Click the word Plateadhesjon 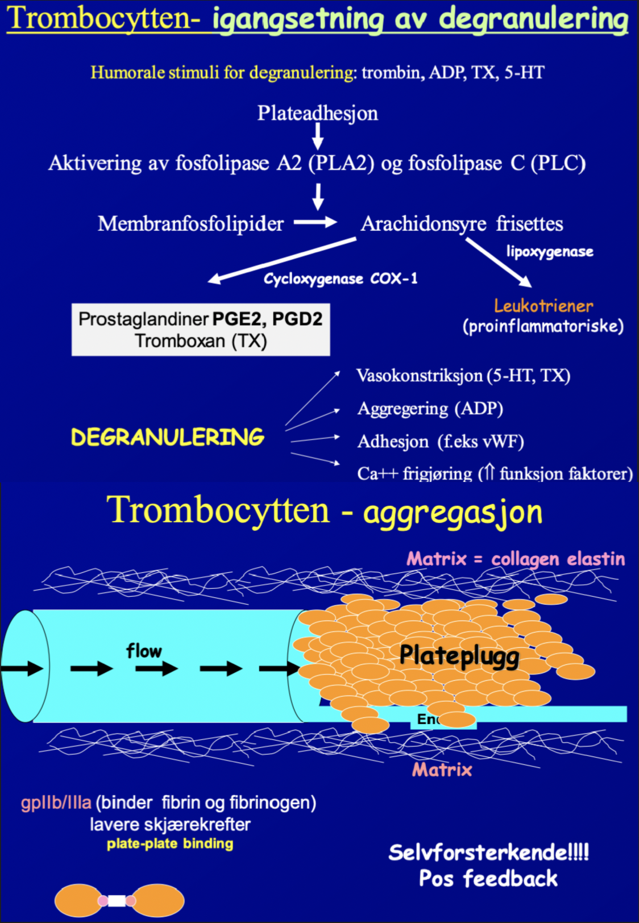coord(317,113)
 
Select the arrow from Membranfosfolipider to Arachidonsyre coord(316,222)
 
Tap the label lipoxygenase coord(550,251)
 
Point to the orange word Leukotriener coord(543,306)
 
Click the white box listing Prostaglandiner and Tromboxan coord(201,330)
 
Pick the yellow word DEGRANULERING coord(168,437)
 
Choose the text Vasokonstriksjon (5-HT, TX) coord(463,376)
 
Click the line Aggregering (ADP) coord(430,409)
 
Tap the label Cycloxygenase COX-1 coord(341,278)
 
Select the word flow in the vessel coord(144,651)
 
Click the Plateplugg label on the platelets coord(459,655)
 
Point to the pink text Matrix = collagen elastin coord(516,559)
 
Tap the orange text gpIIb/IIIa coord(56,803)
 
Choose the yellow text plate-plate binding coord(170,843)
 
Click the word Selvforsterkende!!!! coord(488,852)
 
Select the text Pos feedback coord(488,879)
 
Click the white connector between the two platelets coord(117,900)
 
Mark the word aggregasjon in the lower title coord(453,512)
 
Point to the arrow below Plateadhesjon coord(318,136)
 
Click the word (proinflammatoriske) coord(543,326)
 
